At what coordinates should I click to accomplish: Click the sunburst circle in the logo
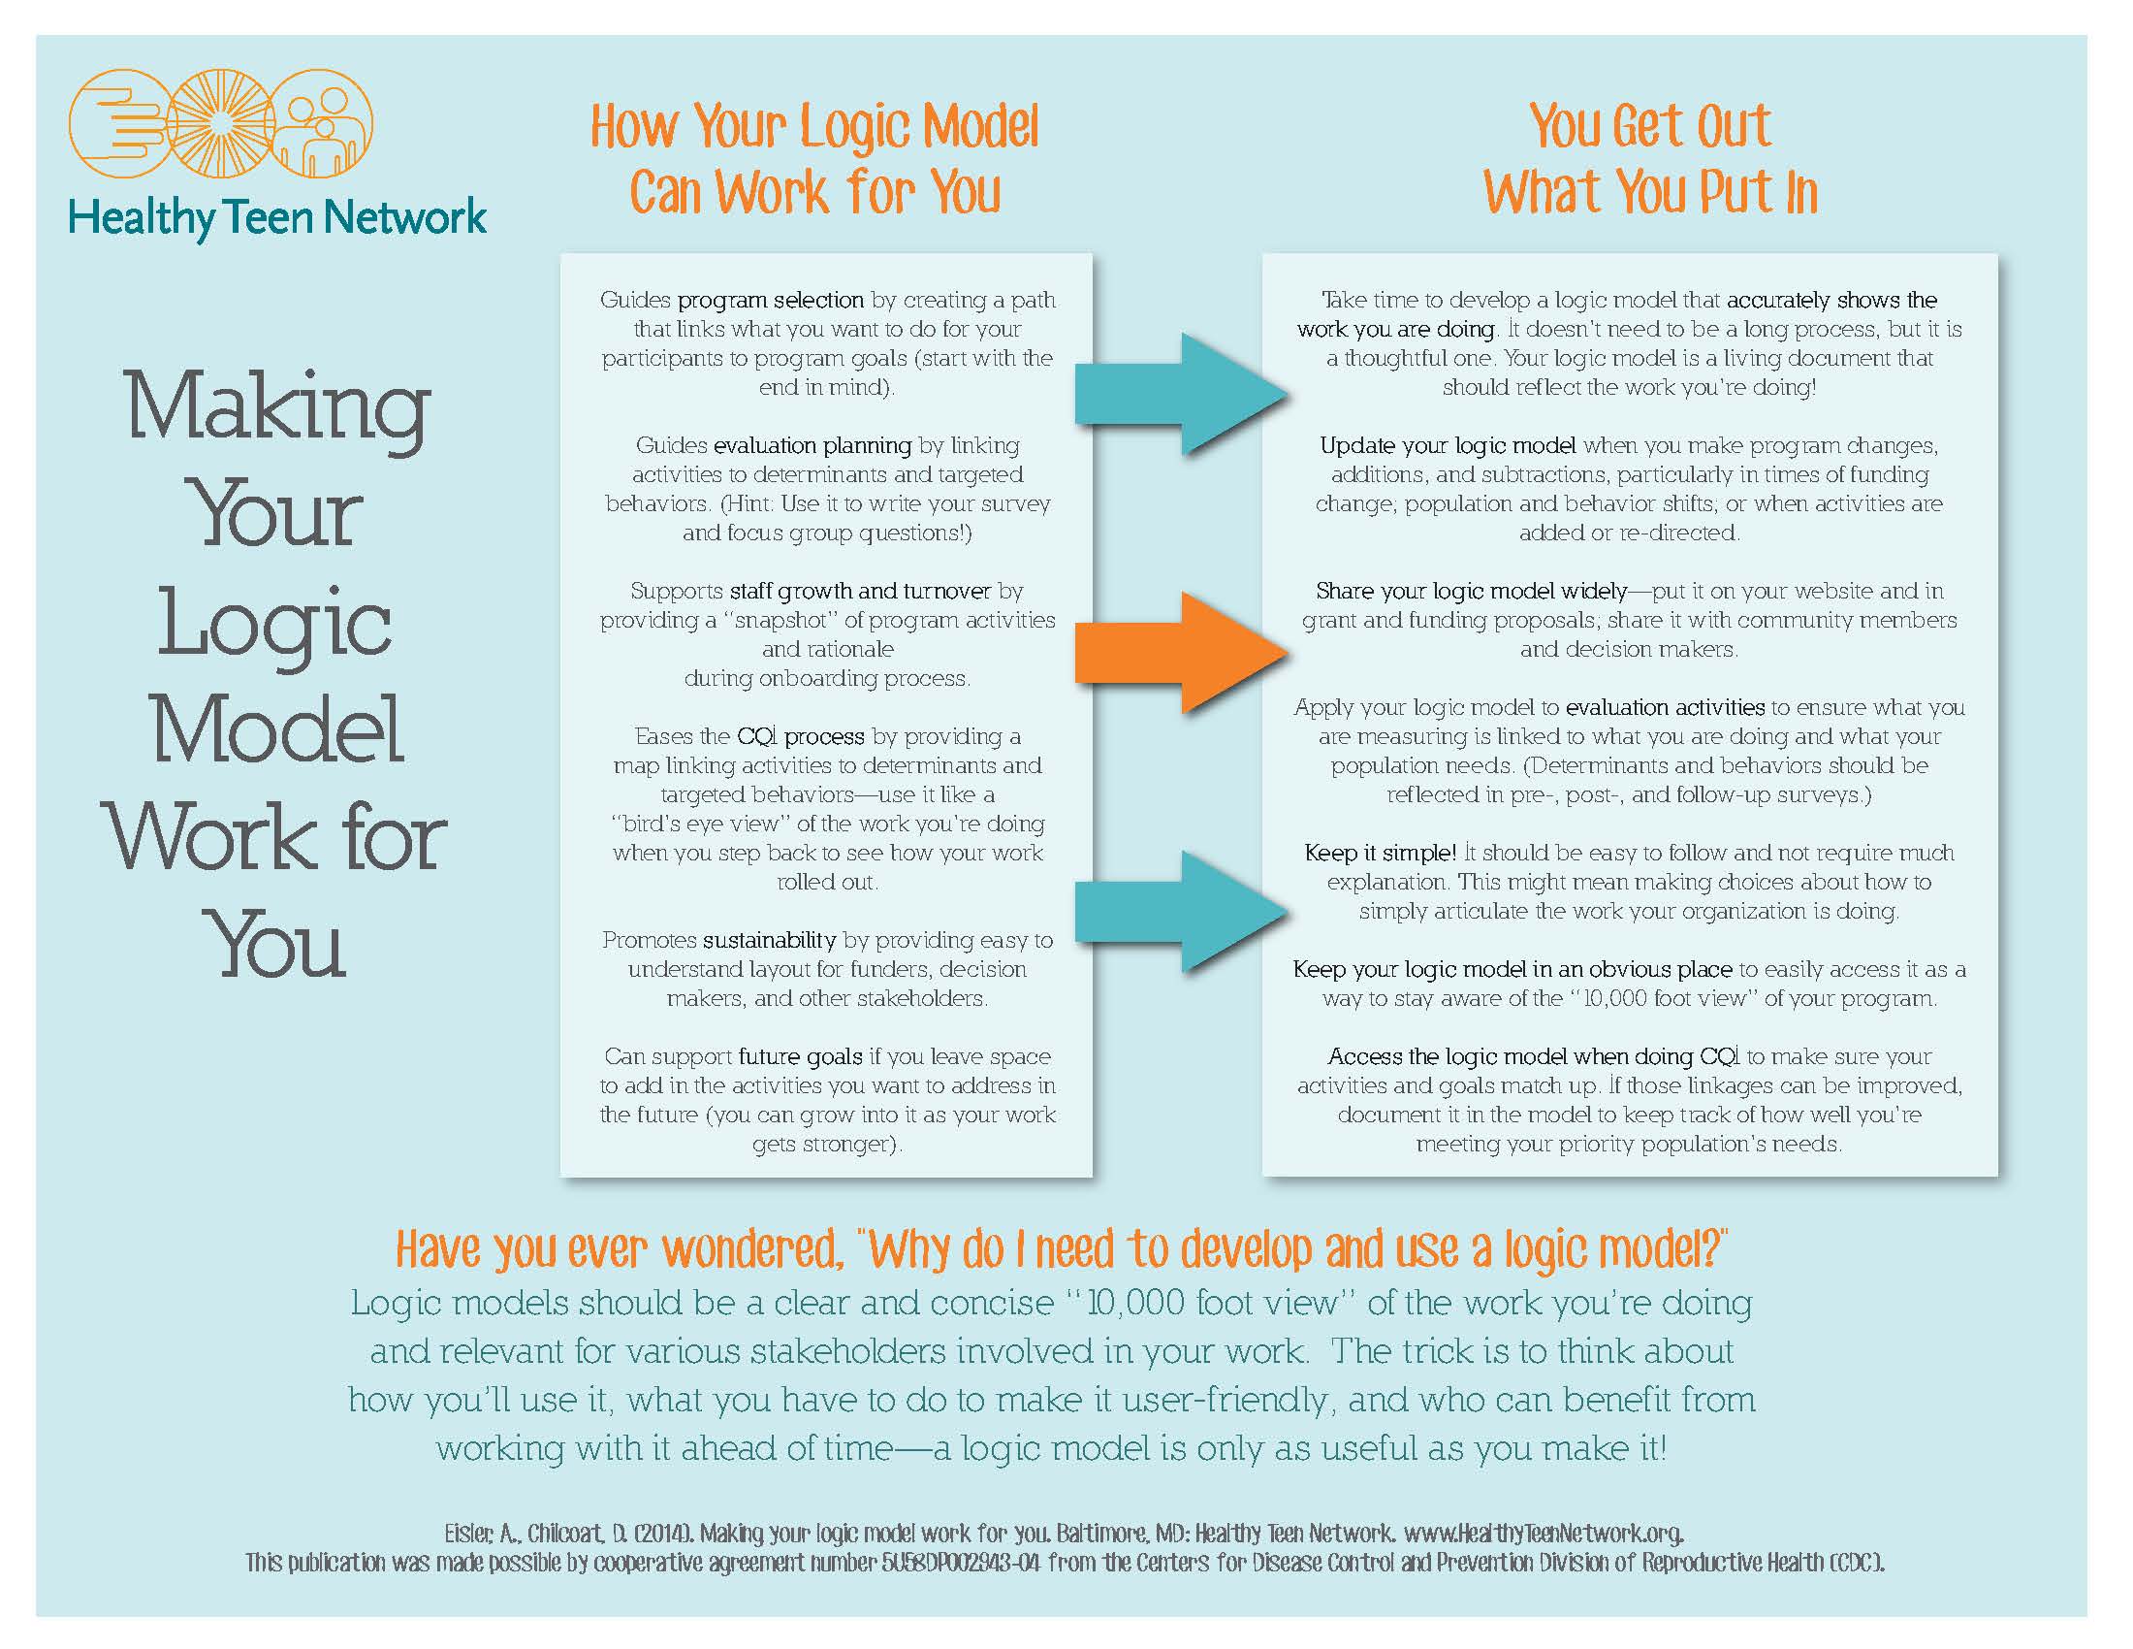pos(221,123)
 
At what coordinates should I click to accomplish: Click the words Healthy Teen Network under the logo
pos(277,218)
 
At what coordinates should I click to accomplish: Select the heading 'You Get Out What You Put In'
pos(1650,158)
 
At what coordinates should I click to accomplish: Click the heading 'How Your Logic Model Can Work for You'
pos(815,158)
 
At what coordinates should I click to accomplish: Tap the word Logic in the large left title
pos(275,627)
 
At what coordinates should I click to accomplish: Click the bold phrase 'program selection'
pos(771,300)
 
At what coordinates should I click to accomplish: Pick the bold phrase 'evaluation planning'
pos(812,445)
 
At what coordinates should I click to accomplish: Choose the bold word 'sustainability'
pos(770,941)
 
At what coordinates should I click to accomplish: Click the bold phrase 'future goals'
pos(800,1057)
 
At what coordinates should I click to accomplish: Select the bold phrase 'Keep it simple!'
pos(1380,853)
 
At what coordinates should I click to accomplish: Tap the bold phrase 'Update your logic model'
pos(1448,446)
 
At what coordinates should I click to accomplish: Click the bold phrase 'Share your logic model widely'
pos(1471,592)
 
